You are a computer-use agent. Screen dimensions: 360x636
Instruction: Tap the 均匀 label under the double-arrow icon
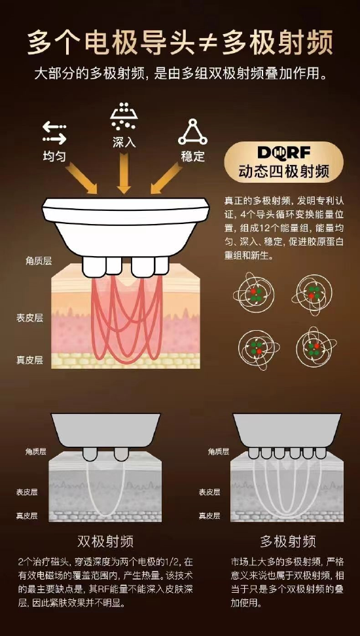click(x=54, y=156)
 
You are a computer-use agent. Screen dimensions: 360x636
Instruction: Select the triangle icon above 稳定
click(x=192, y=132)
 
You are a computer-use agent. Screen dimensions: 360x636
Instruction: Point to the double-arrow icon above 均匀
click(x=54, y=132)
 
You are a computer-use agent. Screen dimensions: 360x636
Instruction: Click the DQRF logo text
click(x=284, y=153)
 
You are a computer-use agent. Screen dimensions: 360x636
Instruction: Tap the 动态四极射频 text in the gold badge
click(x=284, y=172)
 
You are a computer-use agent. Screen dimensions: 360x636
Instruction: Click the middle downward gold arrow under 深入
click(x=124, y=173)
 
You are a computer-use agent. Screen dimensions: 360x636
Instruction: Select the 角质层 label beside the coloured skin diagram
click(x=39, y=261)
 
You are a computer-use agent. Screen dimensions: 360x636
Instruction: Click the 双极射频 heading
click(x=105, y=540)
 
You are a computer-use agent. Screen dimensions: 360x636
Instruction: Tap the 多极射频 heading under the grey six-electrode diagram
click(x=288, y=540)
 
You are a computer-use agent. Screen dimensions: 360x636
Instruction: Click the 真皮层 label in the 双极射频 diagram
click(x=27, y=516)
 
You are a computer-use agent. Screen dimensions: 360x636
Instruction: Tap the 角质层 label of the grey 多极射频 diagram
click(x=219, y=451)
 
